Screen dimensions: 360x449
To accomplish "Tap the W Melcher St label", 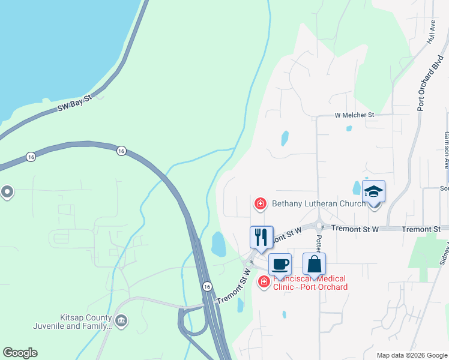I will click(x=354, y=115).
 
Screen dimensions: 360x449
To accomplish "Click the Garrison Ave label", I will click(x=445, y=151).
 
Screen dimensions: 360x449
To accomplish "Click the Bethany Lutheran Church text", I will click(x=319, y=204).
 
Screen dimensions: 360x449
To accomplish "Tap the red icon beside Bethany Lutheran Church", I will click(x=261, y=204).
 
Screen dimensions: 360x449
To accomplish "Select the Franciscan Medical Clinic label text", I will click(x=311, y=283).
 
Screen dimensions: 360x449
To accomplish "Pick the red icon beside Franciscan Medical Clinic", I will click(x=263, y=281).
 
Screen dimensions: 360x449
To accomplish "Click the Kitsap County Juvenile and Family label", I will click(x=74, y=322).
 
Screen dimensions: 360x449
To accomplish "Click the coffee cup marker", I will click(x=280, y=263).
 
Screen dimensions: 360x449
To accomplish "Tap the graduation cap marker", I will click(x=373, y=192).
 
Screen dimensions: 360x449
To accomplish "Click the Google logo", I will click(x=20, y=353).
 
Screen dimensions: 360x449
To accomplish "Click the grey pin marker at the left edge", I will click(x=7, y=192).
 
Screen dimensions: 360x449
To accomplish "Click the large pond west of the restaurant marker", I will click(x=218, y=244).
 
